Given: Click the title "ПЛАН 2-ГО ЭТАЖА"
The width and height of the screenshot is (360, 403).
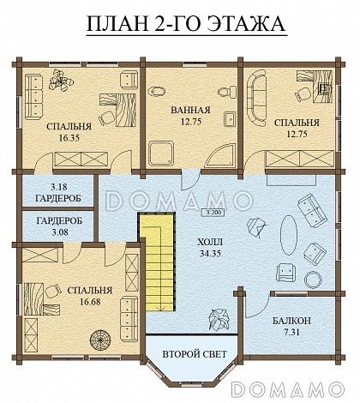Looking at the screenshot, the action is point(186,23).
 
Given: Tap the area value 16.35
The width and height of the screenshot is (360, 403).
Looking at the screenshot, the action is point(69,138).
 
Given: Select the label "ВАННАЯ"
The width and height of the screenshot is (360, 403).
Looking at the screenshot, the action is point(190,110).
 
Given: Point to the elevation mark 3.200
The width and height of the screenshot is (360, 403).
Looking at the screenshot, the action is point(213,213).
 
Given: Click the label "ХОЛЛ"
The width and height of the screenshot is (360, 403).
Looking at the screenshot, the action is point(210,243).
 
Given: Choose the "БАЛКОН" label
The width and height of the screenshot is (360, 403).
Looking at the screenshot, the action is point(291,321).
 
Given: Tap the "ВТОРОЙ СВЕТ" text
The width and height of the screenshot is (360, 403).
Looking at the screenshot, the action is point(195,354).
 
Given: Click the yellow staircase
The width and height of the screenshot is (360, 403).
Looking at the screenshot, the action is point(157,262).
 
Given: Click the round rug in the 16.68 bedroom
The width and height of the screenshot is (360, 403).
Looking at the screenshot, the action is point(100,340).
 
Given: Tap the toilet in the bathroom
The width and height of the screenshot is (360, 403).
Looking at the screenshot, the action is point(227,91).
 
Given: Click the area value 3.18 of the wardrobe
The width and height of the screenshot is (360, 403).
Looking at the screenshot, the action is point(59,187).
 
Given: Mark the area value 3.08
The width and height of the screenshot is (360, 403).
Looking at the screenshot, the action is point(60,232).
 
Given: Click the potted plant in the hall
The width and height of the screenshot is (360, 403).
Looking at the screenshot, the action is point(219,320).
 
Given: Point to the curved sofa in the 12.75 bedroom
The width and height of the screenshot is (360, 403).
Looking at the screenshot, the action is point(255,98).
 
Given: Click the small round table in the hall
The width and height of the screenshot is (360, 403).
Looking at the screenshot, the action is point(313,280).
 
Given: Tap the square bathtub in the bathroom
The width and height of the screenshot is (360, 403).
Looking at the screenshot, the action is point(161,153).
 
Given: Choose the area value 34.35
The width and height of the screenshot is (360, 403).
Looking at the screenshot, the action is point(210,254).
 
